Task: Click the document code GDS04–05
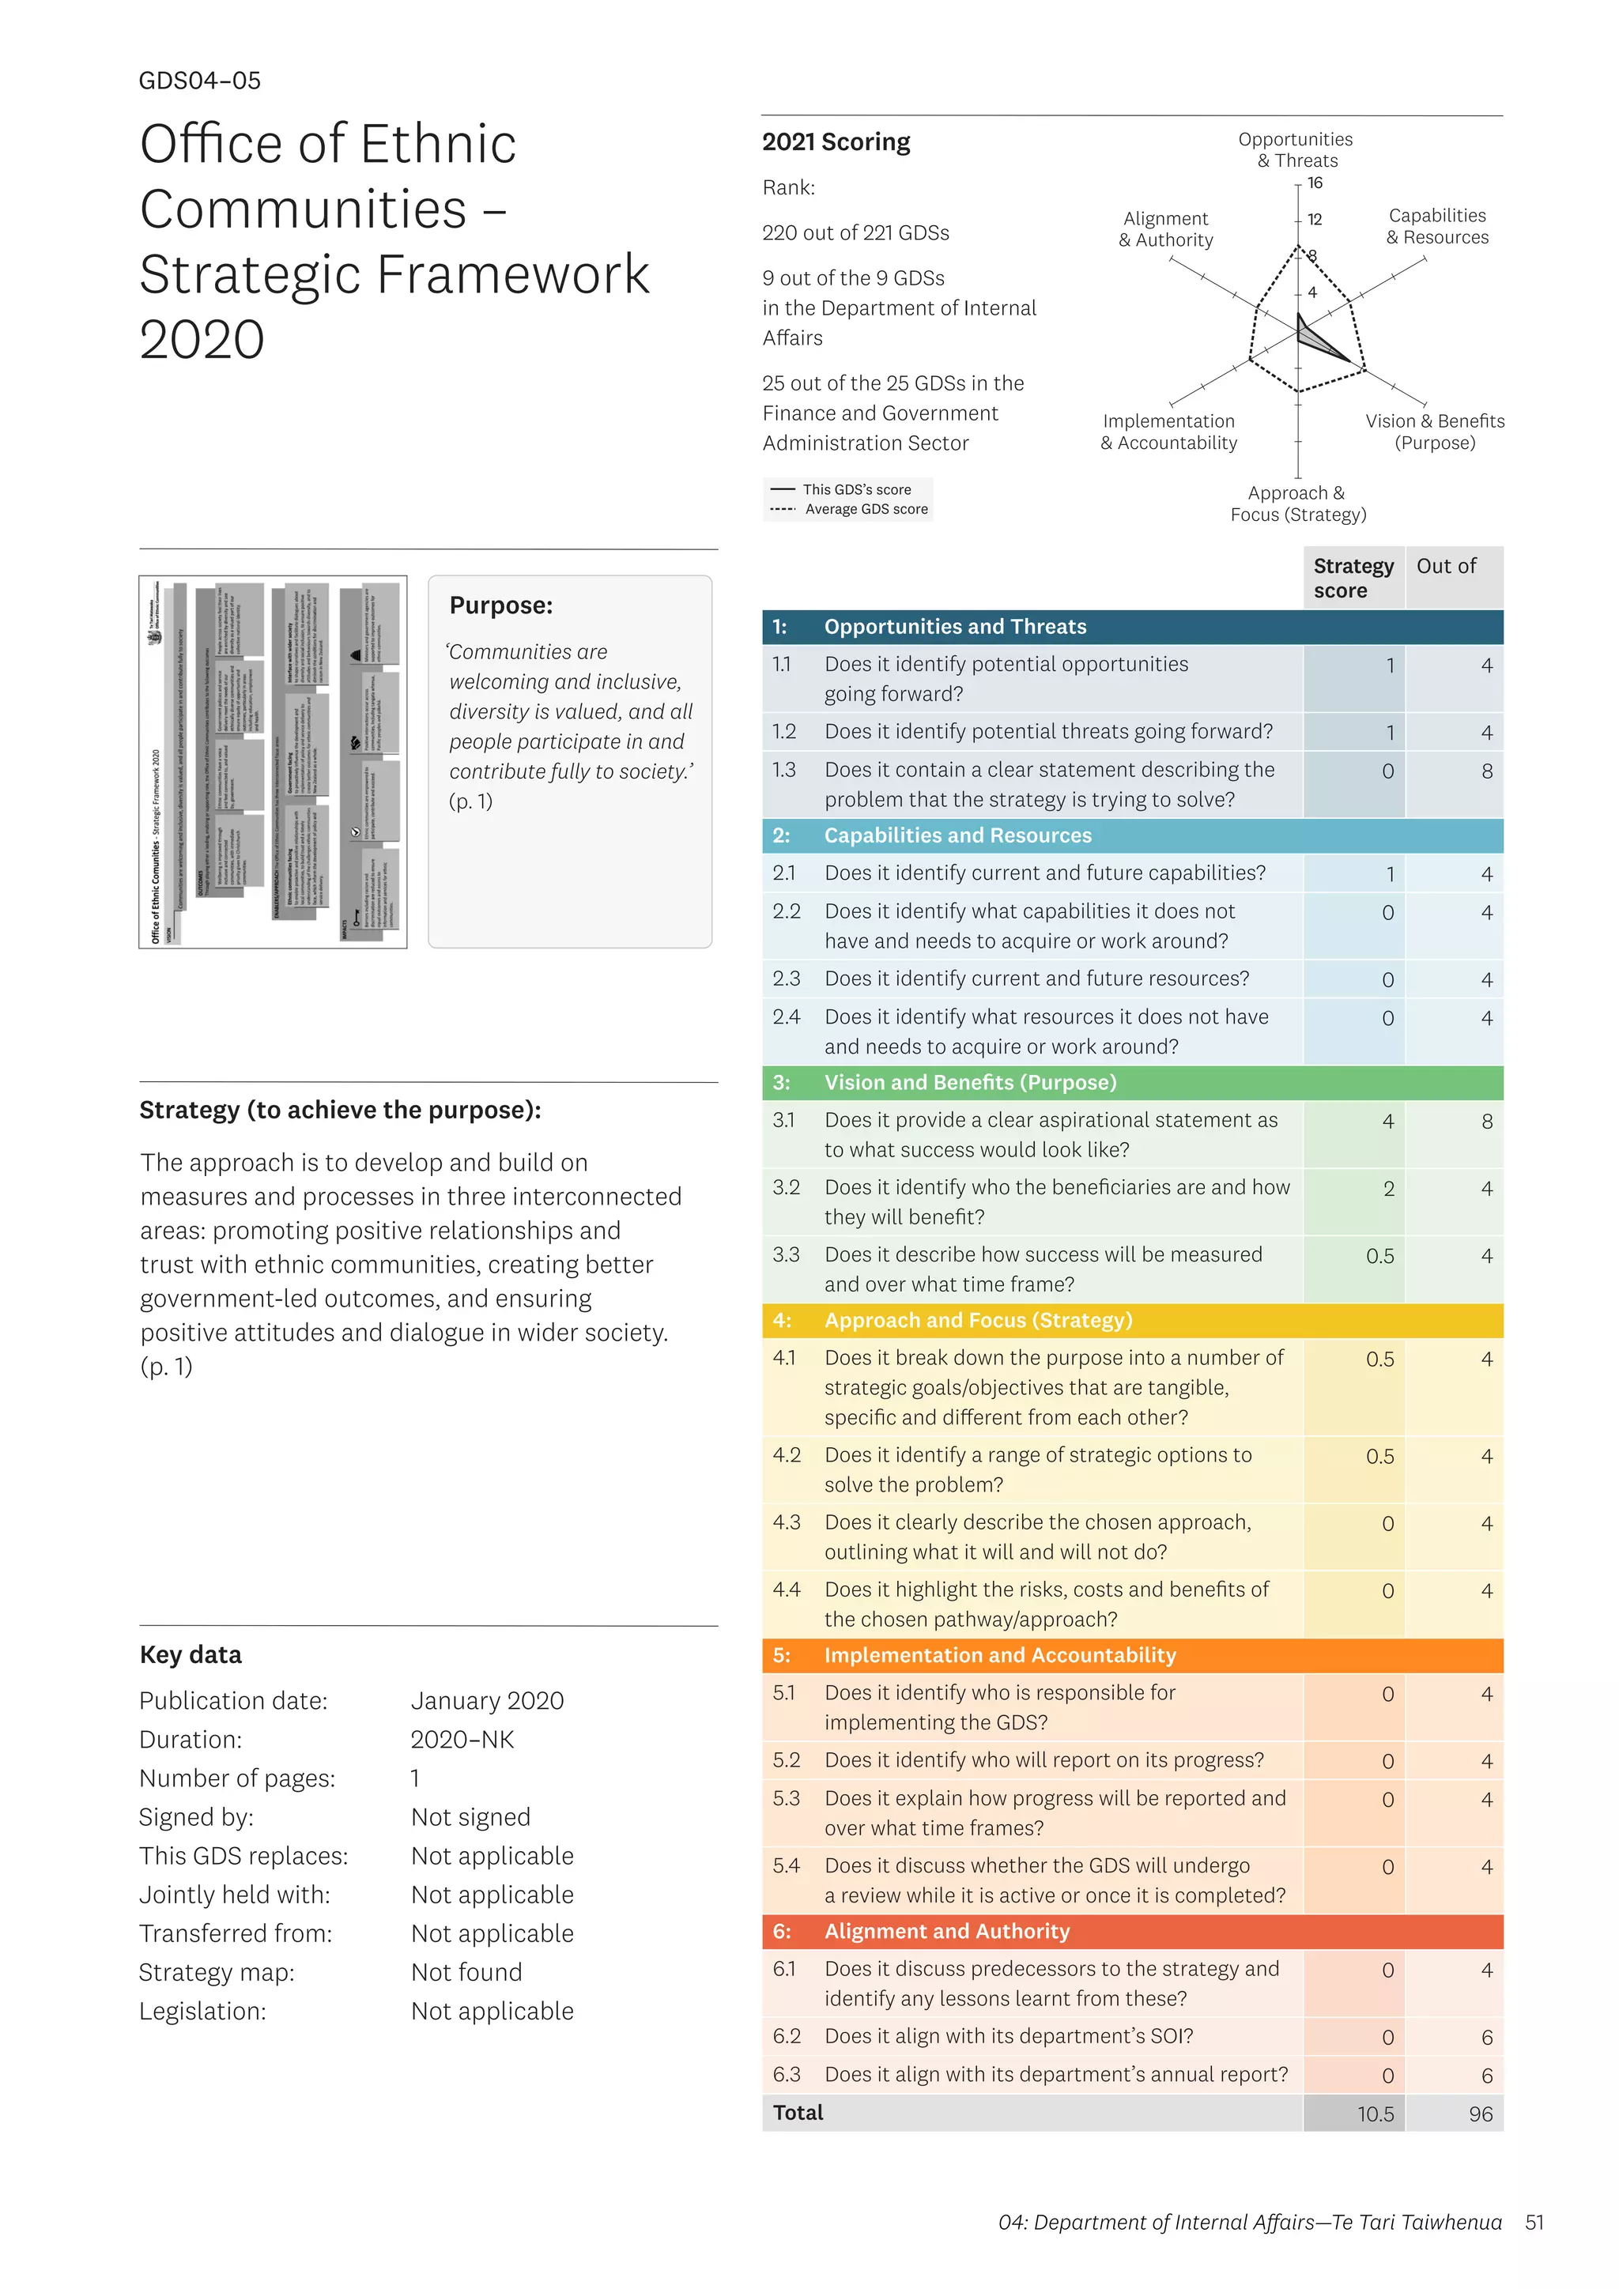click(199, 81)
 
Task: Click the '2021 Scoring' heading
click(836, 142)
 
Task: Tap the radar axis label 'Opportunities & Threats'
click(1295, 149)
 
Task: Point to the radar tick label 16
click(1315, 183)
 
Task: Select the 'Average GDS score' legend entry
click(866, 510)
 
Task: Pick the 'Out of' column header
click(1446, 566)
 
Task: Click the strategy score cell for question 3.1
click(1387, 1122)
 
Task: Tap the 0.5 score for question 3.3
click(1379, 1256)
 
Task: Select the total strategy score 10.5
click(1375, 2114)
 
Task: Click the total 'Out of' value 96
click(1481, 2114)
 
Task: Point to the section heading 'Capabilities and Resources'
click(957, 835)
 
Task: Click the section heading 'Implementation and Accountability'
click(1000, 1655)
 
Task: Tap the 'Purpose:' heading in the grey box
click(500, 605)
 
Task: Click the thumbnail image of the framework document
click(274, 762)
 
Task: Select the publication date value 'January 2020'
click(488, 1701)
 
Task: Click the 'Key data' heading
click(191, 1655)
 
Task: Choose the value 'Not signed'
click(470, 1817)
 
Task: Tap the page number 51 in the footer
click(1534, 2222)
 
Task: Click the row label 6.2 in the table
click(786, 2036)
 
